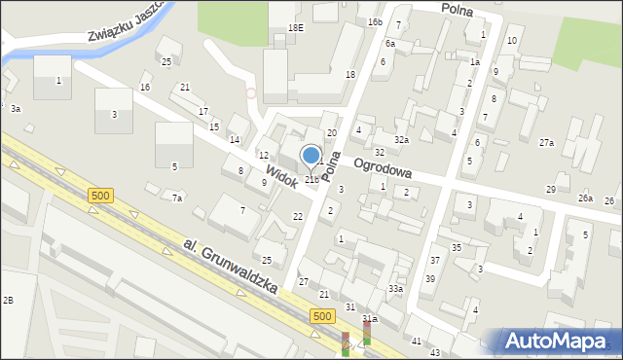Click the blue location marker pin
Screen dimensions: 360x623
tap(311, 156)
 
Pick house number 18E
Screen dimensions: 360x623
tap(296, 28)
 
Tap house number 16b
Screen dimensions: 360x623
tap(375, 21)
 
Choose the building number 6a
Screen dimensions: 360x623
tap(389, 44)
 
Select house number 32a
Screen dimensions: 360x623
tap(401, 140)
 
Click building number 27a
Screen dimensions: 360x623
tap(547, 143)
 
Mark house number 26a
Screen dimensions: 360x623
tap(585, 198)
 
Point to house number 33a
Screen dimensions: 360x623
tap(395, 289)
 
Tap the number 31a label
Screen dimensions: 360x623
tap(370, 318)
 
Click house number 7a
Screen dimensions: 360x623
tap(177, 198)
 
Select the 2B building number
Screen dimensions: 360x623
tap(8, 300)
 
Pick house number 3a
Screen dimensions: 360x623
tap(16, 109)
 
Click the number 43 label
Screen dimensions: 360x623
tap(435, 352)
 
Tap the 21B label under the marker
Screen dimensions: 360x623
tap(311, 179)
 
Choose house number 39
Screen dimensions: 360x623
tap(429, 279)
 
